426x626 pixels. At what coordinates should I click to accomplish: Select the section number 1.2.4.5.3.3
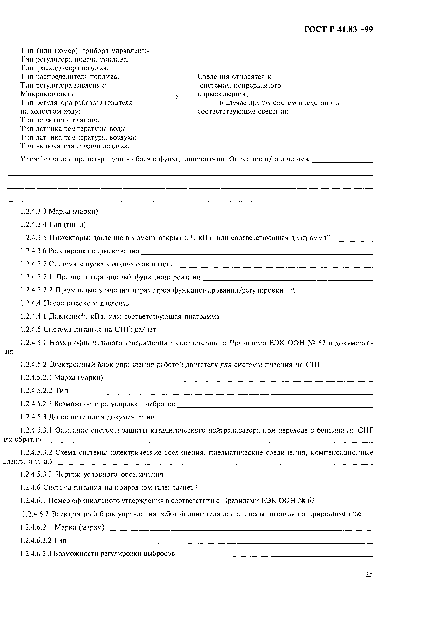[x=37, y=474]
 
